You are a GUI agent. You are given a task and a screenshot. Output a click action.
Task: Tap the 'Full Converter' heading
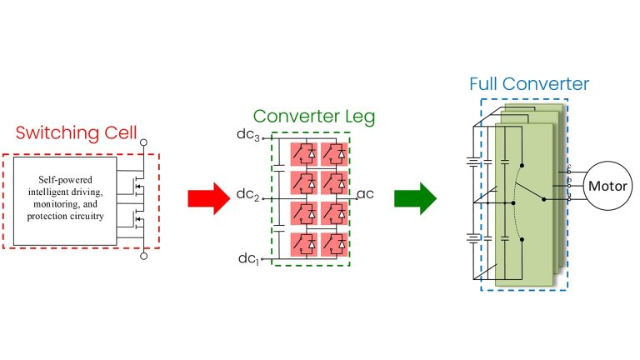pyautogui.click(x=528, y=84)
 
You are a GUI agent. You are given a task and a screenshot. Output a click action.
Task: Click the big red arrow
pyautogui.click(x=206, y=198)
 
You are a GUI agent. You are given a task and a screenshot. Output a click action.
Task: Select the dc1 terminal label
pyautogui.click(x=248, y=258)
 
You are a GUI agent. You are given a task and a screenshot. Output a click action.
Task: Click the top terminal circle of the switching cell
pyautogui.click(x=143, y=142)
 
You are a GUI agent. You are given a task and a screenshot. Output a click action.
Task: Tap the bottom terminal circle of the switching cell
pyautogui.click(x=143, y=257)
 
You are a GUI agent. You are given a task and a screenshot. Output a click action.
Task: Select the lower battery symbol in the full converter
pyautogui.click(x=476, y=238)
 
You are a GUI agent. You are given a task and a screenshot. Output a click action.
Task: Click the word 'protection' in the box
pyautogui.click(x=47, y=217)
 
